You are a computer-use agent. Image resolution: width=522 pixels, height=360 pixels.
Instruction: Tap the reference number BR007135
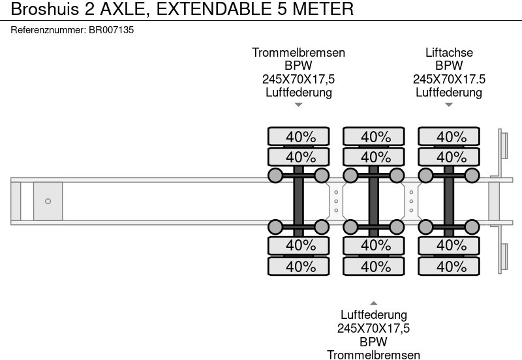(111, 29)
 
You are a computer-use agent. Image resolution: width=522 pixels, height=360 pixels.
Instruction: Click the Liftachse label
(449, 53)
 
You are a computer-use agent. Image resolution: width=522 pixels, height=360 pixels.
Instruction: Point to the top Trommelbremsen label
(299, 53)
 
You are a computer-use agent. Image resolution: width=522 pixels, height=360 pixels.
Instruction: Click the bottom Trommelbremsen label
(374, 355)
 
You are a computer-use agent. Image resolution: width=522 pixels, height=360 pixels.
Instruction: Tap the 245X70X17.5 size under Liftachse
(449, 79)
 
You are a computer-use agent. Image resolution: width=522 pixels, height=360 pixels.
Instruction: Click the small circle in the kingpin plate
(48, 202)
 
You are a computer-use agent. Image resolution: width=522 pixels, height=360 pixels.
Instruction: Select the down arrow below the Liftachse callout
(449, 105)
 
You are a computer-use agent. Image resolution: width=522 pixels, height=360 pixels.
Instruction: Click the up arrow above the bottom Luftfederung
(374, 303)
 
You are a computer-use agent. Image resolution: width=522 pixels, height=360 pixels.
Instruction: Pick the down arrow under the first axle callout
(299, 105)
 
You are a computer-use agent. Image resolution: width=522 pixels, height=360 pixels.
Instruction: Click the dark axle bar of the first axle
(299, 202)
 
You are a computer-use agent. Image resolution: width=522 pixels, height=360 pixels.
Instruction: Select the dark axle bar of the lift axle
(449, 202)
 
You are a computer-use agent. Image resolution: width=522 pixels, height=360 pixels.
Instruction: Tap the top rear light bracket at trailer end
(504, 144)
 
